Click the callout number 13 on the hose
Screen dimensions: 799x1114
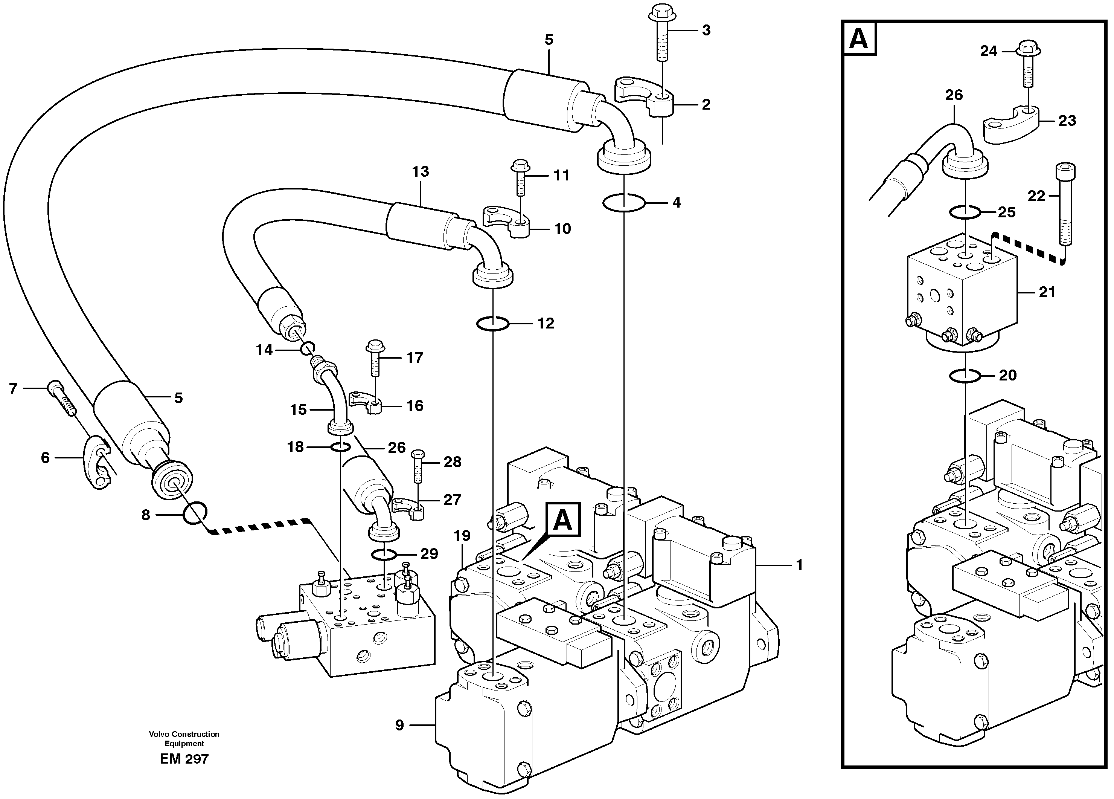(x=421, y=171)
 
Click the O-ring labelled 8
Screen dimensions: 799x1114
(x=195, y=513)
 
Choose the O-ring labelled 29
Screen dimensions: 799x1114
(x=383, y=555)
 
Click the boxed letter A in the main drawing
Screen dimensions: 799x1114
(x=562, y=519)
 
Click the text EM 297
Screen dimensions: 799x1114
(x=184, y=759)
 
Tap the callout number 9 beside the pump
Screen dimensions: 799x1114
(x=399, y=725)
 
